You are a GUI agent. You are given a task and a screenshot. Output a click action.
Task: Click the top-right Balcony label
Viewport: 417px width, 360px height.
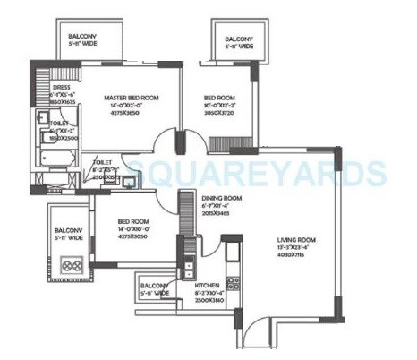pyautogui.click(x=238, y=39)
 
